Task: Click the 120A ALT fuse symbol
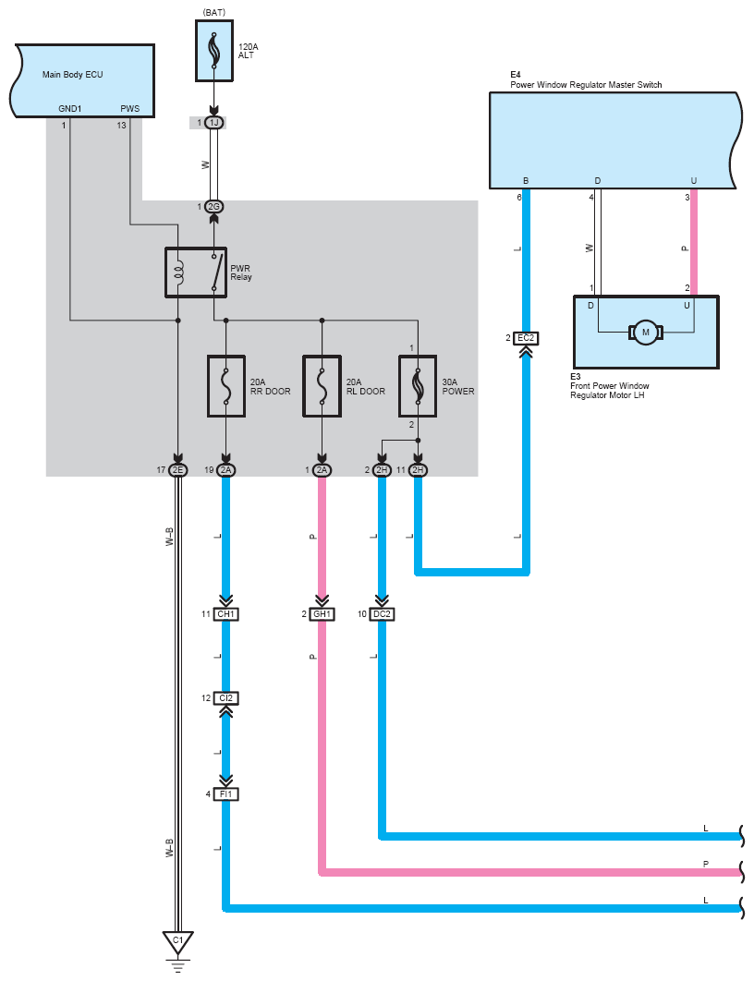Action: tap(214, 51)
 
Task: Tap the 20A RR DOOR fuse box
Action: tap(225, 386)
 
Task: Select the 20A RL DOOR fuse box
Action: tap(322, 386)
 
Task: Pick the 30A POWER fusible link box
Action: tap(418, 386)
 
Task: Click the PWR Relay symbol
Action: tap(196, 272)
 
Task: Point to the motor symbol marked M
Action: tap(646, 333)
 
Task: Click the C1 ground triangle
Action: tap(178, 941)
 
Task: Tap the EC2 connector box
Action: tap(526, 338)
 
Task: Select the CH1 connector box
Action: tap(225, 614)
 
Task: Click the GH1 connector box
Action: tap(322, 614)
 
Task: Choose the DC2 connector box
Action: tap(382, 614)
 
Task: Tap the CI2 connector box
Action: tap(225, 698)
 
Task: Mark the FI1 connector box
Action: tap(225, 794)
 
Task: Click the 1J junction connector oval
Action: tap(214, 123)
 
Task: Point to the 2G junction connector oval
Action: tap(214, 207)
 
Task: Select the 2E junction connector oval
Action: tap(178, 470)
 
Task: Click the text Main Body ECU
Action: tap(73, 75)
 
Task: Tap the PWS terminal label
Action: tap(130, 108)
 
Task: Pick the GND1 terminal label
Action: tap(70, 108)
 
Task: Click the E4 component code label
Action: tap(516, 75)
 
